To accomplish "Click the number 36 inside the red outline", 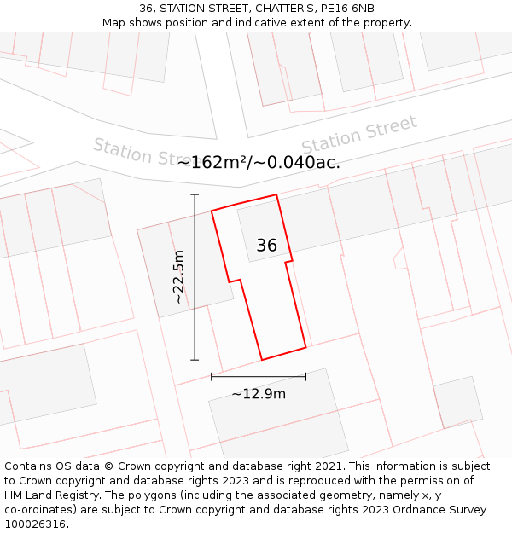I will tap(266, 246).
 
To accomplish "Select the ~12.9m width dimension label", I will tap(259, 393).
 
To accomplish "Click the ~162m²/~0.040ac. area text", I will tap(259, 162).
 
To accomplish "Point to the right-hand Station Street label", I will tap(359, 135).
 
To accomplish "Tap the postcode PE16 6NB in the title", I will tap(345, 9).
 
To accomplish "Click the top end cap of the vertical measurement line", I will tap(195, 195).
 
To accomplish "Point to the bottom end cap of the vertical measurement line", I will tap(195, 360).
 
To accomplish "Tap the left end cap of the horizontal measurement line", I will tap(211, 376).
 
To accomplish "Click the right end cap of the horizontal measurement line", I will tap(305, 376).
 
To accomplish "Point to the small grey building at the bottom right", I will tap(457, 402).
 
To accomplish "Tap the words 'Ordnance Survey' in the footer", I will tap(441, 510).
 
